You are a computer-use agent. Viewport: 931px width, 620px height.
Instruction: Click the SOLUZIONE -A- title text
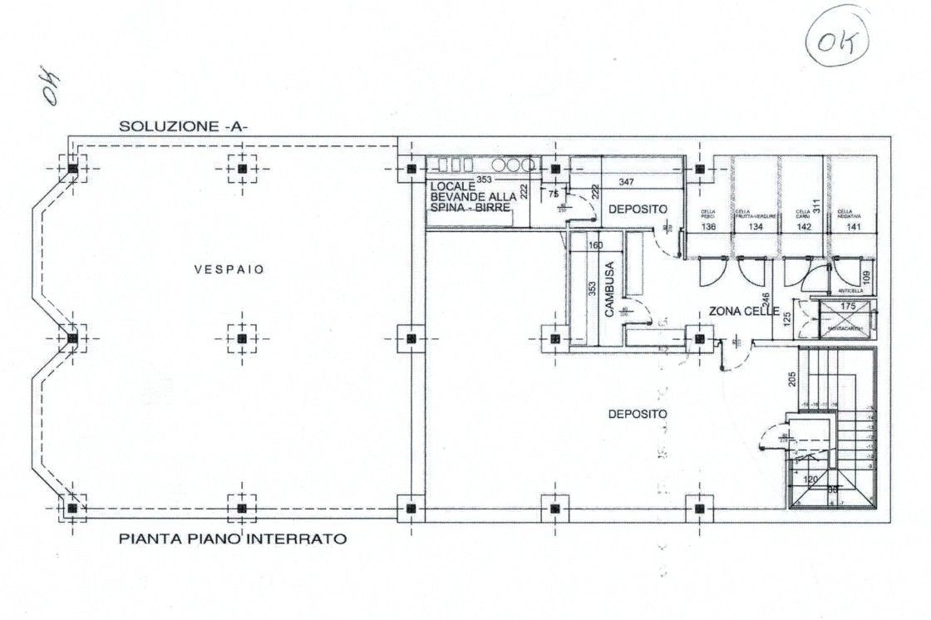click(190, 126)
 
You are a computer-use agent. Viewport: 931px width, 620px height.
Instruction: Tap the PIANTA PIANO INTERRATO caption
click(233, 539)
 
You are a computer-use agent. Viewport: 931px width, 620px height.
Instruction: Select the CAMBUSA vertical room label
click(609, 290)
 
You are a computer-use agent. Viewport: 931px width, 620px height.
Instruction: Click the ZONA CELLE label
click(743, 312)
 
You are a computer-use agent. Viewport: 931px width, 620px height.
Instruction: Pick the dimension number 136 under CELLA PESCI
click(708, 226)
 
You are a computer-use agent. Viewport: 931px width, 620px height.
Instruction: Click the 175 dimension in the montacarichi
click(848, 307)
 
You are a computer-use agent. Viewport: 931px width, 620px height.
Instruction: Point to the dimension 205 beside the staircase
click(792, 377)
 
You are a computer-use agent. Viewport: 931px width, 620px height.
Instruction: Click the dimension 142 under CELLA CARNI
click(803, 226)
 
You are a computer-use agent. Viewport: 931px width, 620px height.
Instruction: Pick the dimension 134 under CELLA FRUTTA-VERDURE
click(755, 226)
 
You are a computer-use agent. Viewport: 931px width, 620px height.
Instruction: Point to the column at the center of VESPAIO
click(241, 338)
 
